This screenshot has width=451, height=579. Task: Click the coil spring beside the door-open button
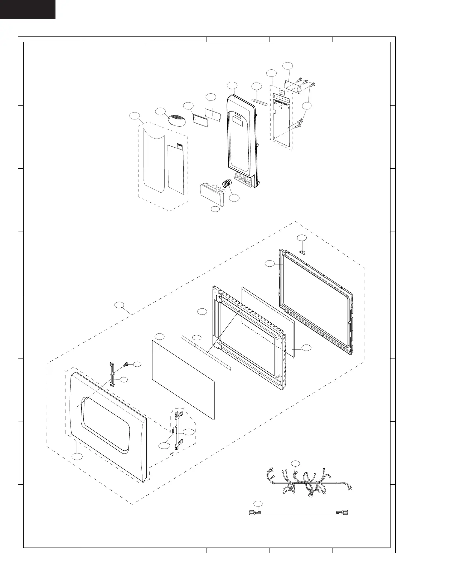(x=227, y=184)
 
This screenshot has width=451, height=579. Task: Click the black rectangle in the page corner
(x=28, y=9)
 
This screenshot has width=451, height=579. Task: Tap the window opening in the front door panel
(x=105, y=425)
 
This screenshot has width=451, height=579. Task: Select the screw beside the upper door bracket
(x=126, y=364)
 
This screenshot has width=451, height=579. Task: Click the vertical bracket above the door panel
(x=112, y=374)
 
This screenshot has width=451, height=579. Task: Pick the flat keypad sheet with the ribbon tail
(x=177, y=168)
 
